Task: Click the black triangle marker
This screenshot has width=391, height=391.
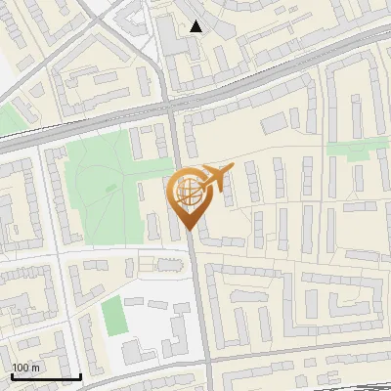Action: [196, 26]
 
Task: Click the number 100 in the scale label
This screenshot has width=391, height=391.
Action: [21, 367]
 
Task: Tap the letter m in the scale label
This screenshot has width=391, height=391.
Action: [36, 367]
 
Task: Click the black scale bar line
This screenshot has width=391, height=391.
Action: [45, 376]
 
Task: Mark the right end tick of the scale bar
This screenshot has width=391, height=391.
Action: [79, 374]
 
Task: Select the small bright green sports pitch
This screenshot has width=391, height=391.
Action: [115, 316]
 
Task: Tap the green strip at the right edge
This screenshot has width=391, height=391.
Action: [354, 150]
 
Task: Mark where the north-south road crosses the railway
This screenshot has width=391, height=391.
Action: [170, 107]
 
